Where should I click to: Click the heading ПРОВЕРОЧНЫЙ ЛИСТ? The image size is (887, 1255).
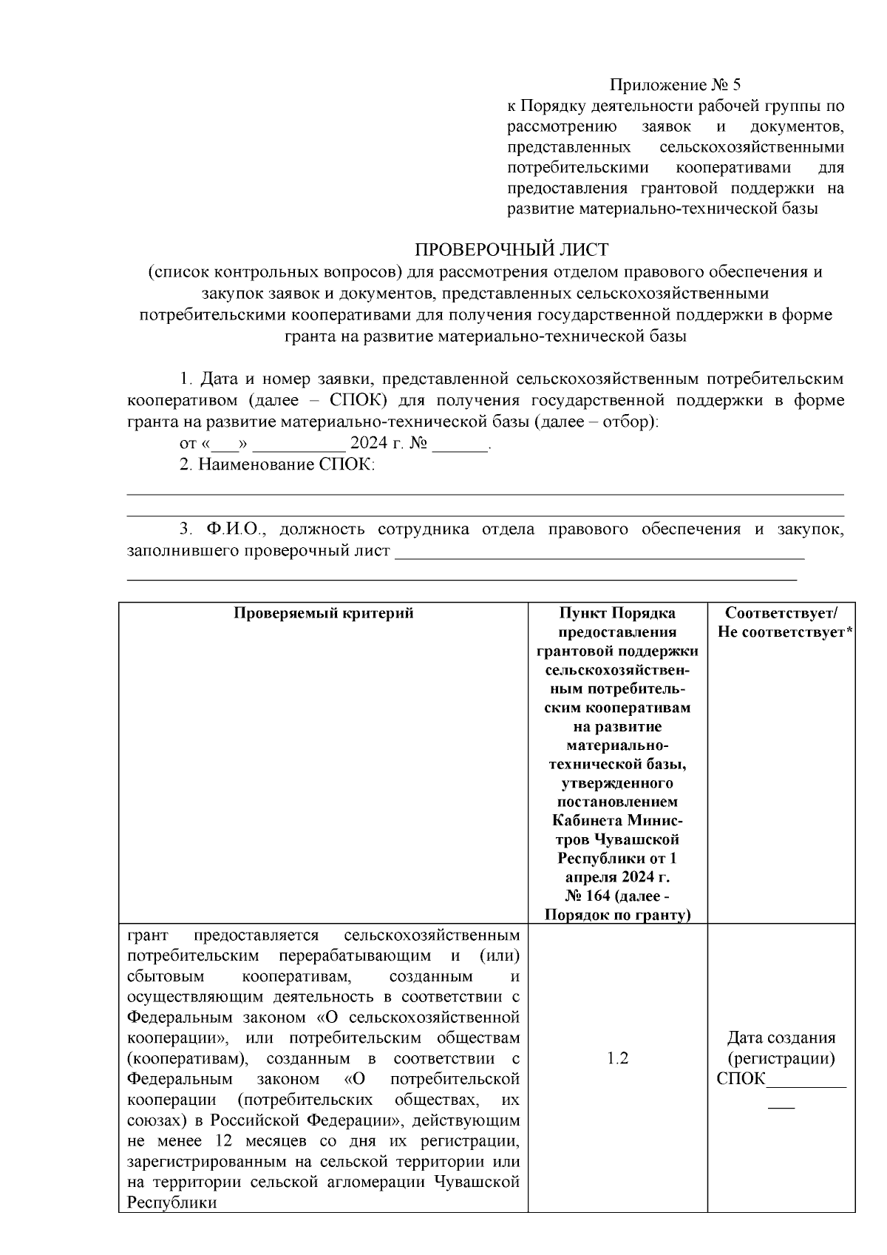point(511,249)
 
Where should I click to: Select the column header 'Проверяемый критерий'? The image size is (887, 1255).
point(323,613)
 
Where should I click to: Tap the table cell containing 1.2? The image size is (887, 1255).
point(617,1058)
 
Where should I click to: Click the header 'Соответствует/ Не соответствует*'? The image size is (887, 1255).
point(782,623)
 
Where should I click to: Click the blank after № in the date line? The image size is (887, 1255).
point(461,444)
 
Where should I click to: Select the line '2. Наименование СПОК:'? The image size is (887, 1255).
point(277,465)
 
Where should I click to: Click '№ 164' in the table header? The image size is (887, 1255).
point(588,896)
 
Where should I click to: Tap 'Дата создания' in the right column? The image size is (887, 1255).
point(781,1037)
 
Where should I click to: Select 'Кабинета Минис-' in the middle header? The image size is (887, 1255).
point(617,820)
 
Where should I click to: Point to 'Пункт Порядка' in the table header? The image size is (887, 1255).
point(617,613)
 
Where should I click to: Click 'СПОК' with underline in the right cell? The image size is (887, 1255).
point(741,1078)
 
